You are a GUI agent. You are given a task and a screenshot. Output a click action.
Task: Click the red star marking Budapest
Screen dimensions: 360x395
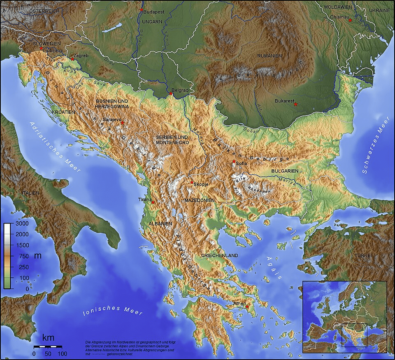[x=142, y=10]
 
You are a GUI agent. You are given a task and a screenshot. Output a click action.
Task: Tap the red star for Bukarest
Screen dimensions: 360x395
[x=295, y=104]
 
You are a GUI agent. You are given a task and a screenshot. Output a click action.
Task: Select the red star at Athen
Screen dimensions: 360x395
[x=247, y=307]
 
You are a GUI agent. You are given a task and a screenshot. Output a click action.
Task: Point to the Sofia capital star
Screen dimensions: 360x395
[x=234, y=162]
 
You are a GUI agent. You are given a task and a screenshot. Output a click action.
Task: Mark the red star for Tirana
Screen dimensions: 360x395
[x=153, y=202]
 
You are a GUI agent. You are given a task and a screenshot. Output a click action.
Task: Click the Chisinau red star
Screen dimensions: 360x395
[x=350, y=20]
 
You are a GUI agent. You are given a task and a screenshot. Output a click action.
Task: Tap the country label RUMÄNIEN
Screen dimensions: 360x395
[x=270, y=55]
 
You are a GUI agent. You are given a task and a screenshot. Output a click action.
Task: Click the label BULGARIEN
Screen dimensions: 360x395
[x=285, y=171]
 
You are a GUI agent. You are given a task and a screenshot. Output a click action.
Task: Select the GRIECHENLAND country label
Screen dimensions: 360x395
[x=219, y=256]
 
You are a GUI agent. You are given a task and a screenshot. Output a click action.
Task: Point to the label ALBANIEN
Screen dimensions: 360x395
[x=160, y=224]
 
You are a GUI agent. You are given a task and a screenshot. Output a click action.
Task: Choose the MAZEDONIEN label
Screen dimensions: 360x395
[x=199, y=200]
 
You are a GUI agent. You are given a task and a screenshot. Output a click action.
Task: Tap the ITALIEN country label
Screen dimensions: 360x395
[x=31, y=193]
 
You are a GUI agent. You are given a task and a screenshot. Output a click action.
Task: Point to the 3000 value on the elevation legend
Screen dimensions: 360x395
[x=22, y=225]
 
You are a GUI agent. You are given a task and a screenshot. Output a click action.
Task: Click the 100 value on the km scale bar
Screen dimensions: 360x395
[x=62, y=353]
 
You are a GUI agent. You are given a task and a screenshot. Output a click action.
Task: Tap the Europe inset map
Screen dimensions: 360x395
[x=344, y=317]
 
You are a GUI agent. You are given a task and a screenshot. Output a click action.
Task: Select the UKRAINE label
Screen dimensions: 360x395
[x=379, y=10]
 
